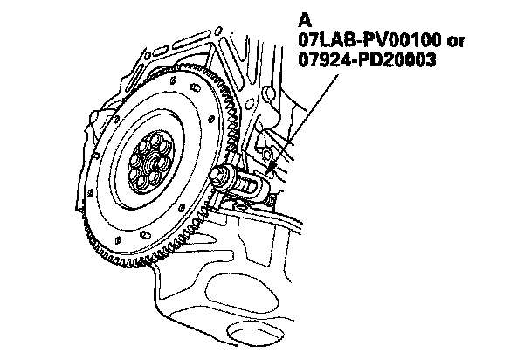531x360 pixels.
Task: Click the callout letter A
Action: (305, 20)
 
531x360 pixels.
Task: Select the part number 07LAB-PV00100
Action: (369, 41)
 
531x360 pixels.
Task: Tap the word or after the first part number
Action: (456, 42)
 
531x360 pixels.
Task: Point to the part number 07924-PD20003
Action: (367, 60)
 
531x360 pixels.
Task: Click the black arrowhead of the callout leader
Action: (271, 167)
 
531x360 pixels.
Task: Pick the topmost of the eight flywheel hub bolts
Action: (155, 140)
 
